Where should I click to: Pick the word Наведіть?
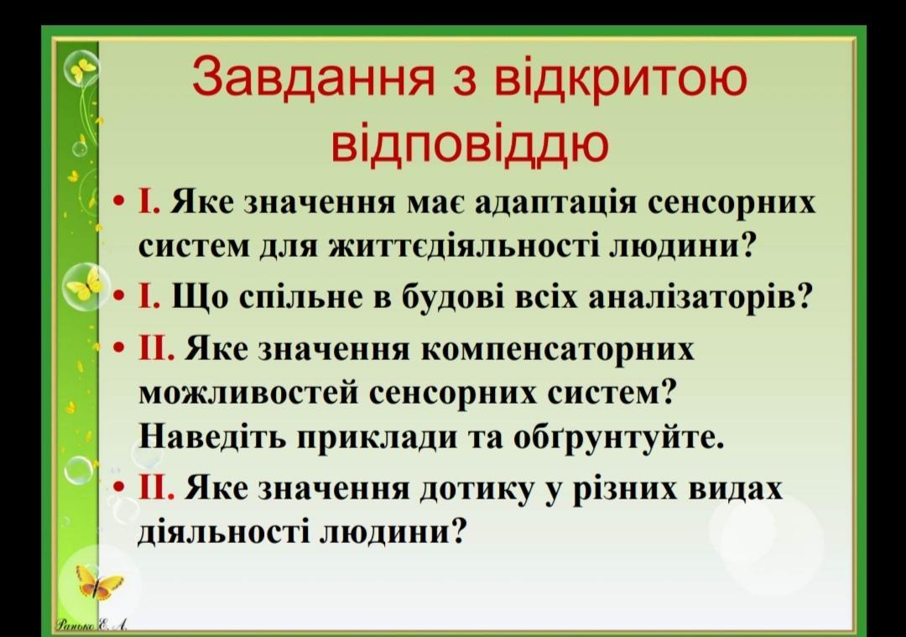(213, 437)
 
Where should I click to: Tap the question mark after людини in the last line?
(457, 531)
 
